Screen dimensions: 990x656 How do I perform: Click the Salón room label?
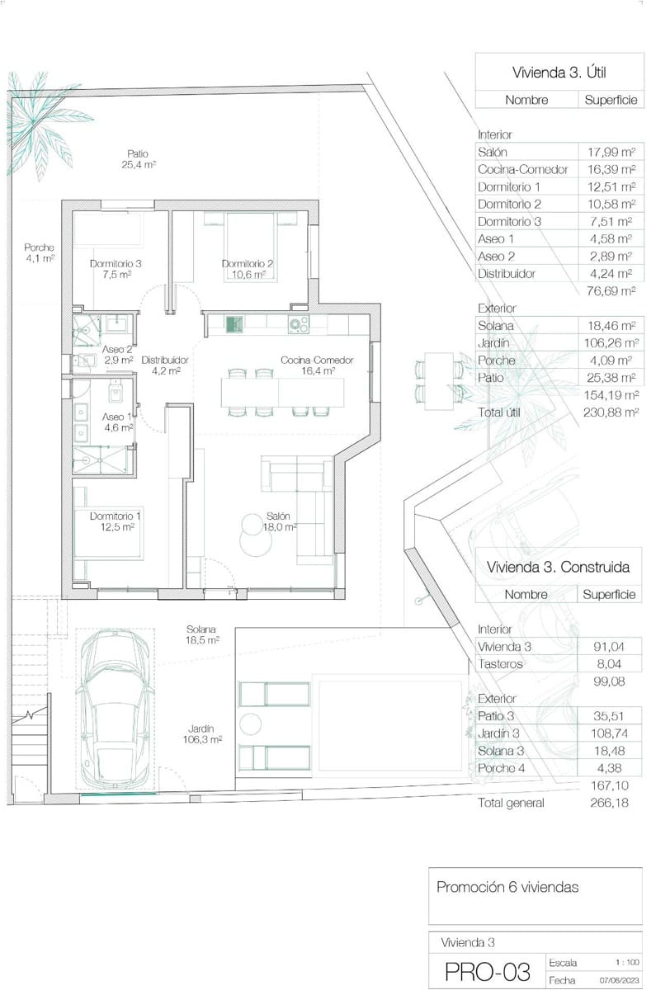tap(278, 521)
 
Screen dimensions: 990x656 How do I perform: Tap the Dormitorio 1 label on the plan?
tap(116, 521)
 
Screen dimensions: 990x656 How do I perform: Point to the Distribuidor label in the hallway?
tap(166, 365)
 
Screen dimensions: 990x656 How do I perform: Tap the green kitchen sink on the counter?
tap(234, 325)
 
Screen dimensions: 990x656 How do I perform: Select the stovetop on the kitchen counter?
tap(298, 325)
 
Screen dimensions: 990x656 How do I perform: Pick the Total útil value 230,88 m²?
tap(613, 411)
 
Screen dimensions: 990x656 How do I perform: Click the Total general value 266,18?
tap(611, 803)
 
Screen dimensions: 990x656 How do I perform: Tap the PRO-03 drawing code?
tap(487, 972)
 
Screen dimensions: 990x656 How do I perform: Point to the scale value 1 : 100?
tap(627, 962)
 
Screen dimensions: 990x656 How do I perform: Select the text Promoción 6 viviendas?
tap(507, 888)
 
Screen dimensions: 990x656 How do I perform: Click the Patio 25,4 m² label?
tap(138, 158)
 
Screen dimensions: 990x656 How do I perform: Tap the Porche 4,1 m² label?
tap(40, 252)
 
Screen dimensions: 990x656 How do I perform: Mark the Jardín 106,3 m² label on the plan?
tap(202, 734)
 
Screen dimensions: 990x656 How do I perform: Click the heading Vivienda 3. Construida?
tap(558, 567)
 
